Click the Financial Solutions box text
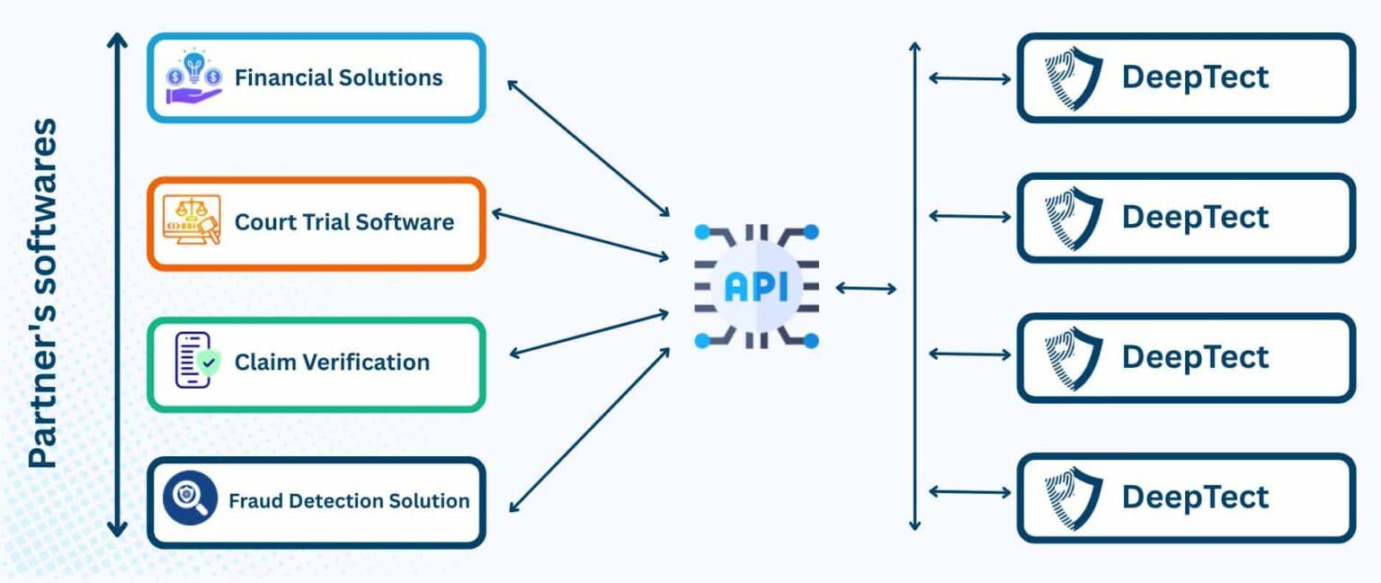(338, 77)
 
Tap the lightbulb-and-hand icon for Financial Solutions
(192, 77)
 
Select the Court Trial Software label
(343, 221)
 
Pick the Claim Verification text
(332, 363)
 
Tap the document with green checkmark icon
(195, 361)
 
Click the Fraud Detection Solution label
(349, 501)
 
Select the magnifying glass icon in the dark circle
(191, 498)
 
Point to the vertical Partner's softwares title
(42, 292)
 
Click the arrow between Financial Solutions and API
(588, 148)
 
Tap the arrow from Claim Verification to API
(589, 335)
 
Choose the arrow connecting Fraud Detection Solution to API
(590, 430)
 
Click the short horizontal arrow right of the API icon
(866, 288)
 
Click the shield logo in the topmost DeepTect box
(1073, 77)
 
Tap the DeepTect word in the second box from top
(1195, 217)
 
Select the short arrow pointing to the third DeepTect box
(969, 354)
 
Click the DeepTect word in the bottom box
(1195, 497)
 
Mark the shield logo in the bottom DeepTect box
(1073, 497)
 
